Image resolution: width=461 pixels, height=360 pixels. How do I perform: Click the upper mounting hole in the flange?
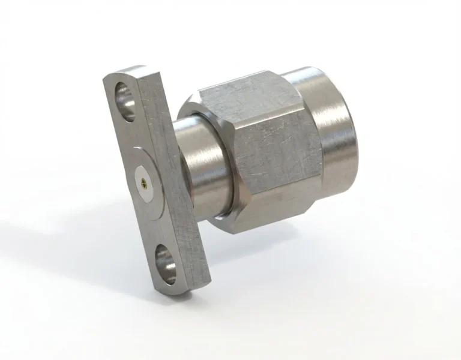point(125,96)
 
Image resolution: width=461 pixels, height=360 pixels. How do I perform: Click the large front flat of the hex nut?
point(276,156)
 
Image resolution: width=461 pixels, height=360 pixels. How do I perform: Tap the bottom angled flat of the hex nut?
point(270,219)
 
